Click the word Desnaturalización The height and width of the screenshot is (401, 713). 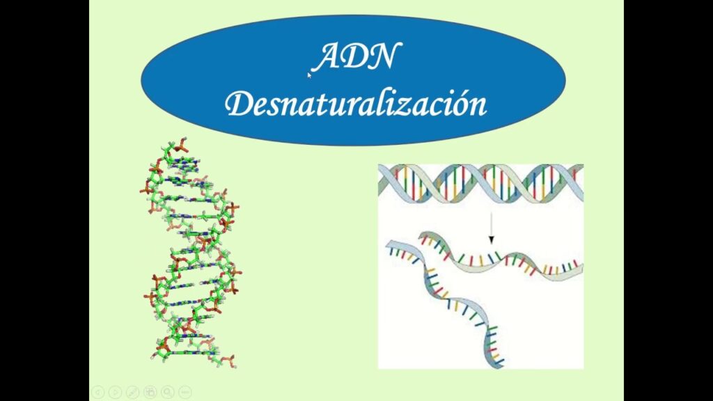[356, 104]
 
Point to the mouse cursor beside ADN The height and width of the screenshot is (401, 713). [309, 75]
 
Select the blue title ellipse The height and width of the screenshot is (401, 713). [353, 80]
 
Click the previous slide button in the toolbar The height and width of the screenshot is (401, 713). [97, 392]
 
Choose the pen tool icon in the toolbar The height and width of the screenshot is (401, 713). [132, 392]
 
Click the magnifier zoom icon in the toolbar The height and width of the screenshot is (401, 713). [167, 392]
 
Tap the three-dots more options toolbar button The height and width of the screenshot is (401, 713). [185, 392]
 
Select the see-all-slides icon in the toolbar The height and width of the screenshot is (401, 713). [150, 392]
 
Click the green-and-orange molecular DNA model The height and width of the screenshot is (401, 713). [191, 252]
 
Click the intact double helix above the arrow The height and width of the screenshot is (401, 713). [480, 183]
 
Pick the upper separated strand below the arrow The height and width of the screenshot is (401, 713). [500, 257]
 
